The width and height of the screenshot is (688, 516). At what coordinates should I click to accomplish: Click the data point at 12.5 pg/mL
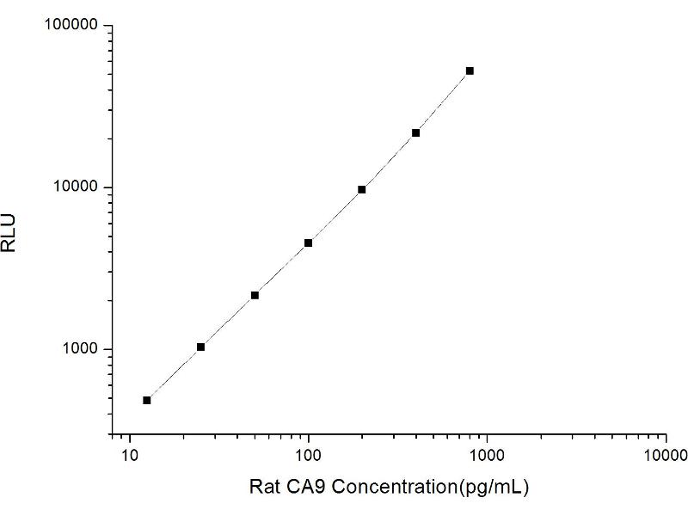coord(147,400)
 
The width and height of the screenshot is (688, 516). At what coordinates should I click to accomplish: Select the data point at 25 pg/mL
coord(200,347)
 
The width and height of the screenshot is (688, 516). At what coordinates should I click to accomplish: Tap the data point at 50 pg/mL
coord(255,295)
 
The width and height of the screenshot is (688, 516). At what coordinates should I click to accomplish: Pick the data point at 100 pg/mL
coord(308,243)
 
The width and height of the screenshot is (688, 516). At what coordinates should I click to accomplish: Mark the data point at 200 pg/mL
coord(362,189)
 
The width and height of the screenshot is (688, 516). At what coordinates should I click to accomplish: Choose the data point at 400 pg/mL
coord(415,132)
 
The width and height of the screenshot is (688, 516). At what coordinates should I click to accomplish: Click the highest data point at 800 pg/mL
coord(470,71)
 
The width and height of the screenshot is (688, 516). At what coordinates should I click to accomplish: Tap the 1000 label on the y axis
coord(81,349)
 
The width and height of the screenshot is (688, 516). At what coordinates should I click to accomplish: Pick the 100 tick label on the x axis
coord(308,454)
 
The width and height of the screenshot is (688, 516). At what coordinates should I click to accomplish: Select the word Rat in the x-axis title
coord(263,487)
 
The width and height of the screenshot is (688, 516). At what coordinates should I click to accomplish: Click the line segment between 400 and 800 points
coord(443,101)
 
